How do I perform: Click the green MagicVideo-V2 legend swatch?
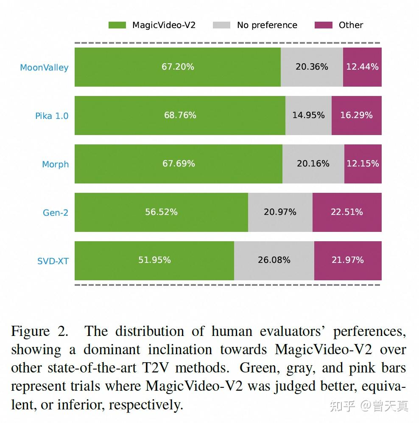pos(117,25)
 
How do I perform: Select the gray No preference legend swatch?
pos(222,25)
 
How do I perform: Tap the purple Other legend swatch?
pos(323,25)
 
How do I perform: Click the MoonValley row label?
pos(44,68)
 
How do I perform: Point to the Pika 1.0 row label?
pos(51,116)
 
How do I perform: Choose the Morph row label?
pos(55,164)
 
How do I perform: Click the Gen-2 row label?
pos(55,213)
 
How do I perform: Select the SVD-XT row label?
pos(53,261)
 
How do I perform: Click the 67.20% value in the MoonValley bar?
pos(178,67)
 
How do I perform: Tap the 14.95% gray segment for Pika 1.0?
pos(308,116)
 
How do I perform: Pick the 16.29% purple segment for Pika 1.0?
pos(356,116)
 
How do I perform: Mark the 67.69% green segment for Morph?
pos(179,164)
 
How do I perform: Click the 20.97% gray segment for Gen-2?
pos(280,212)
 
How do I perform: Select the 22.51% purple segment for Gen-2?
pos(347,212)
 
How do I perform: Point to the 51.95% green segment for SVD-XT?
pos(154,260)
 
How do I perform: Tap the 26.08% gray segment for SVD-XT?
pos(274,260)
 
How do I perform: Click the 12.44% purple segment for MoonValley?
pos(362,67)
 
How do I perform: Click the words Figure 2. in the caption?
pos(39,331)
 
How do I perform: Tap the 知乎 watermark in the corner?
pos(342,406)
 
